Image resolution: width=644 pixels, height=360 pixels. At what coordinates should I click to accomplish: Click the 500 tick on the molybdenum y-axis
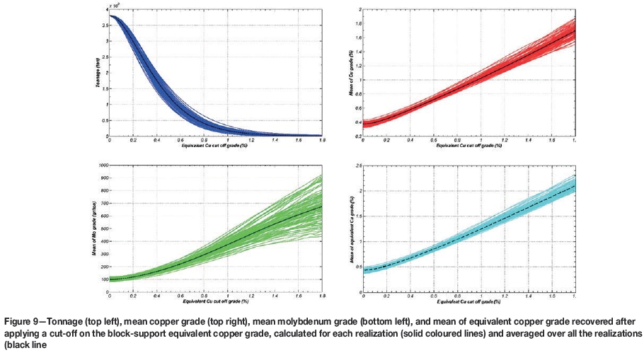[103, 228]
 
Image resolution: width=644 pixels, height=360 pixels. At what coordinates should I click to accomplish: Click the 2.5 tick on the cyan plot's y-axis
[359, 166]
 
